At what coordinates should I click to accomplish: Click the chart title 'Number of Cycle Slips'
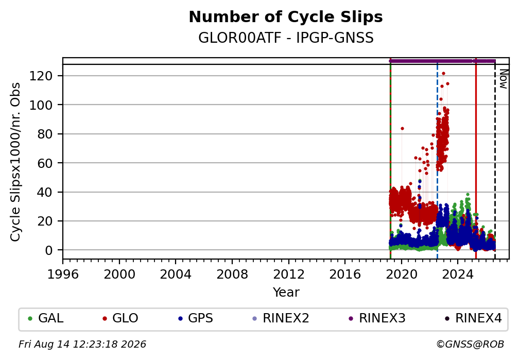coord(286,17)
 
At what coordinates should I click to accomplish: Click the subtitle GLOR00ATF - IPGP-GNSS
coord(286,38)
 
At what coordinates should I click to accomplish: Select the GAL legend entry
coord(46,318)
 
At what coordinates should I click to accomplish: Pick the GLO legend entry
coord(120,318)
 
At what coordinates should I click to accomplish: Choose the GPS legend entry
coord(196,318)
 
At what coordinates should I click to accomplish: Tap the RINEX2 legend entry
coord(281,318)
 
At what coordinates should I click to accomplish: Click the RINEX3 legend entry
coord(377,318)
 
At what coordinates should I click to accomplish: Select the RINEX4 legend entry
coord(473,318)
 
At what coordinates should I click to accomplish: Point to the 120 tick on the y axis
coord(41,76)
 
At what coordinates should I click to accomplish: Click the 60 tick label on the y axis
coord(45,163)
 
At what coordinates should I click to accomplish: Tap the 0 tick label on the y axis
coord(49,250)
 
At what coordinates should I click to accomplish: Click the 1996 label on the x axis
coord(63,275)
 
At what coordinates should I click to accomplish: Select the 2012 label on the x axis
coord(289,275)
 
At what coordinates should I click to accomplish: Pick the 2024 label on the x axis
coord(458,275)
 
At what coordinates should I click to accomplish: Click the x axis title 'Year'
coord(286,293)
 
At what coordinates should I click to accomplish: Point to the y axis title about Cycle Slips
coord(15,162)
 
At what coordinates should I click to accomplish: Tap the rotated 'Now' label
coord(503,79)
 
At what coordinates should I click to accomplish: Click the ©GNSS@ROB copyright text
coord(470,345)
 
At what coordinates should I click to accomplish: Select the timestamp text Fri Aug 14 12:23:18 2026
coord(82,345)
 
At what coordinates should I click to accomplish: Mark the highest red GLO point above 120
coord(443,74)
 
